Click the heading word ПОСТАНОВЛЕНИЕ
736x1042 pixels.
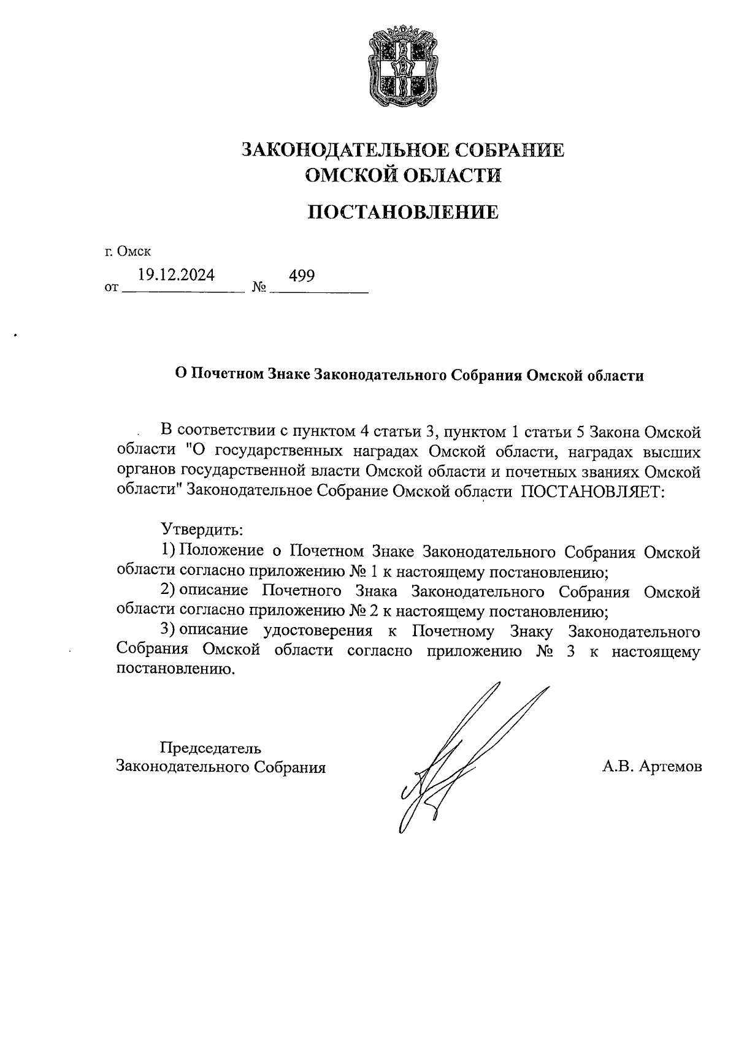(x=402, y=213)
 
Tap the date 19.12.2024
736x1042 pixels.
(x=176, y=275)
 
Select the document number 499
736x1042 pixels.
(x=302, y=276)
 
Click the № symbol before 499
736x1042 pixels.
(x=259, y=287)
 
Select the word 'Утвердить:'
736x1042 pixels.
(x=202, y=528)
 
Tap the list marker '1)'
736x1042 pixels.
(x=168, y=550)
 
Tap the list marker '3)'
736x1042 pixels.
(x=168, y=630)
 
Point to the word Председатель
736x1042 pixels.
(x=210, y=748)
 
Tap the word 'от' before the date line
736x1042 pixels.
(x=111, y=287)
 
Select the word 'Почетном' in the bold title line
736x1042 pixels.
(x=227, y=375)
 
